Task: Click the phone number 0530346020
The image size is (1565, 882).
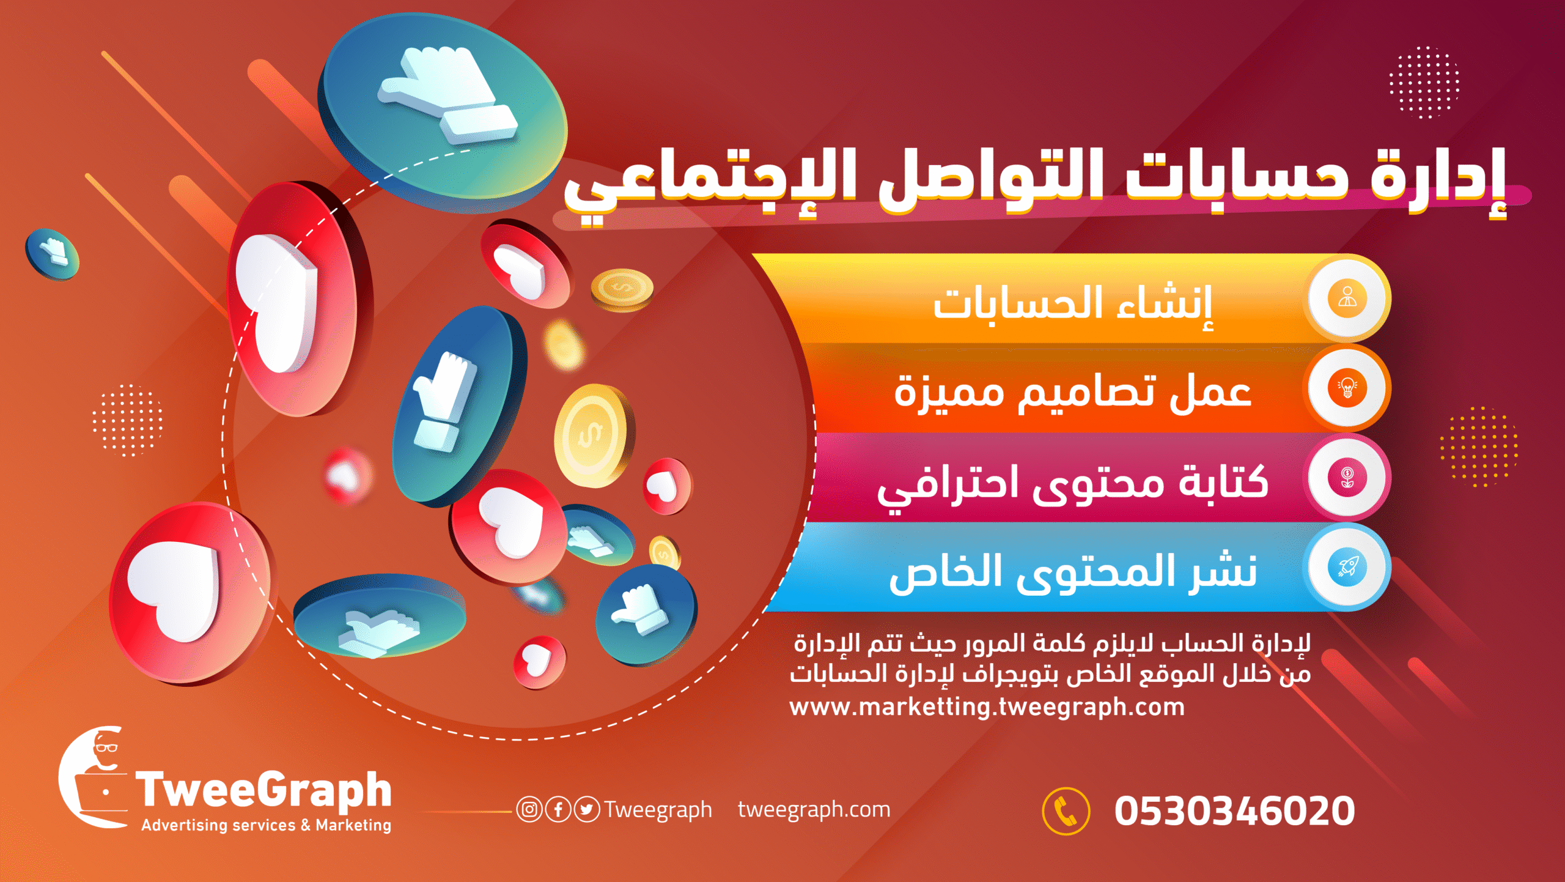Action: point(1234,811)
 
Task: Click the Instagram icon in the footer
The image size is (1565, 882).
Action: point(529,809)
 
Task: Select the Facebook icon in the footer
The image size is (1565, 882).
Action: point(558,809)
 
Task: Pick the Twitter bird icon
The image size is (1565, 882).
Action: point(587,809)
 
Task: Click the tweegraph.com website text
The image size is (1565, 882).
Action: point(814,810)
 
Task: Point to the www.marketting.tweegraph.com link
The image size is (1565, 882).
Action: point(987,707)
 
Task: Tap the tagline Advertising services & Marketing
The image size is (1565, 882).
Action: point(266,825)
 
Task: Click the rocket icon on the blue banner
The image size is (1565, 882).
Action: point(1347,567)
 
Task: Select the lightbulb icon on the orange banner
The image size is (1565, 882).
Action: point(1347,388)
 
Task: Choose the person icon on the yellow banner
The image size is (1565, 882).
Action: point(1347,298)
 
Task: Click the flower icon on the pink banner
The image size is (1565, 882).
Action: point(1347,477)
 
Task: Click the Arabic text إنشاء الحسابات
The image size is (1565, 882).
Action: point(1072,303)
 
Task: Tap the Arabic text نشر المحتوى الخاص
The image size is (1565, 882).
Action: point(1073,574)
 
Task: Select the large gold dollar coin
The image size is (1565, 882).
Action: point(592,435)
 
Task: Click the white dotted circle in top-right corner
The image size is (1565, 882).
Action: point(1424,82)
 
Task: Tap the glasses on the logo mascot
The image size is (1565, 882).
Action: point(106,747)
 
